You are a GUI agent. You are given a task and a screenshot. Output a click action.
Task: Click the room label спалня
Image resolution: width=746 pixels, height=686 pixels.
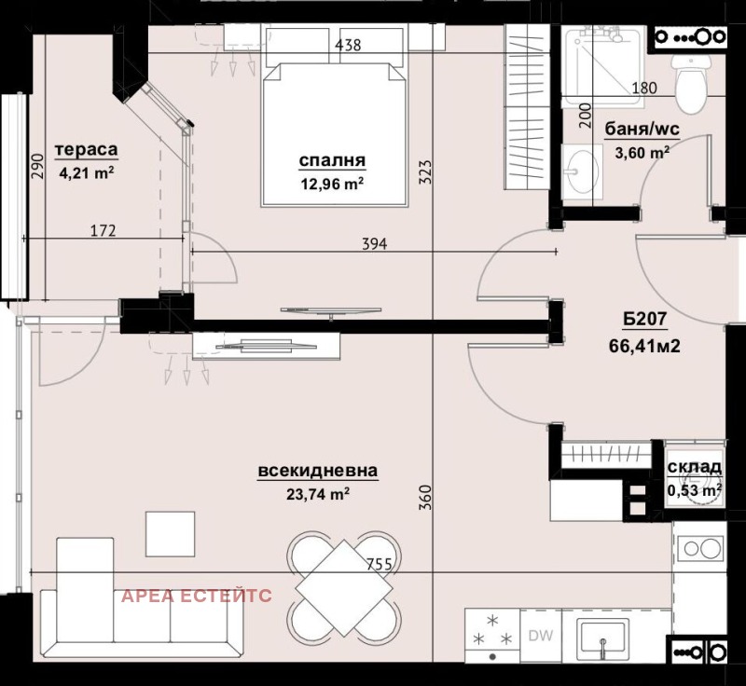coord(331,161)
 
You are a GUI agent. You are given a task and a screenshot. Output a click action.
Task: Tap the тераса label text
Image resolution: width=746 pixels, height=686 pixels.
coord(87,150)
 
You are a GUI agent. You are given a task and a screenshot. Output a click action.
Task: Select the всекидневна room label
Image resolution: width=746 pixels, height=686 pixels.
coord(318,472)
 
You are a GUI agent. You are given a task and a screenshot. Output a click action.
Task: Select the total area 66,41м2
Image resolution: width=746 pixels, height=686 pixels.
coord(644,348)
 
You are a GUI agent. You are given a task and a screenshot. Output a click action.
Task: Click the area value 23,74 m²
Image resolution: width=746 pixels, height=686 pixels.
coord(318,494)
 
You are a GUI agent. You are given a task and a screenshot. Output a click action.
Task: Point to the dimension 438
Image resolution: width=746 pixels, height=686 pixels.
coord(347,44)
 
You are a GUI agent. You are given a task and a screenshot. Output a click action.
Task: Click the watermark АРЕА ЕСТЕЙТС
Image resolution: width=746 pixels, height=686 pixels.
coord(197,596)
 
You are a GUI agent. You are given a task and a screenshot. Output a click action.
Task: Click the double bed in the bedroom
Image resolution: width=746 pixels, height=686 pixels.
coord(336,121)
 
